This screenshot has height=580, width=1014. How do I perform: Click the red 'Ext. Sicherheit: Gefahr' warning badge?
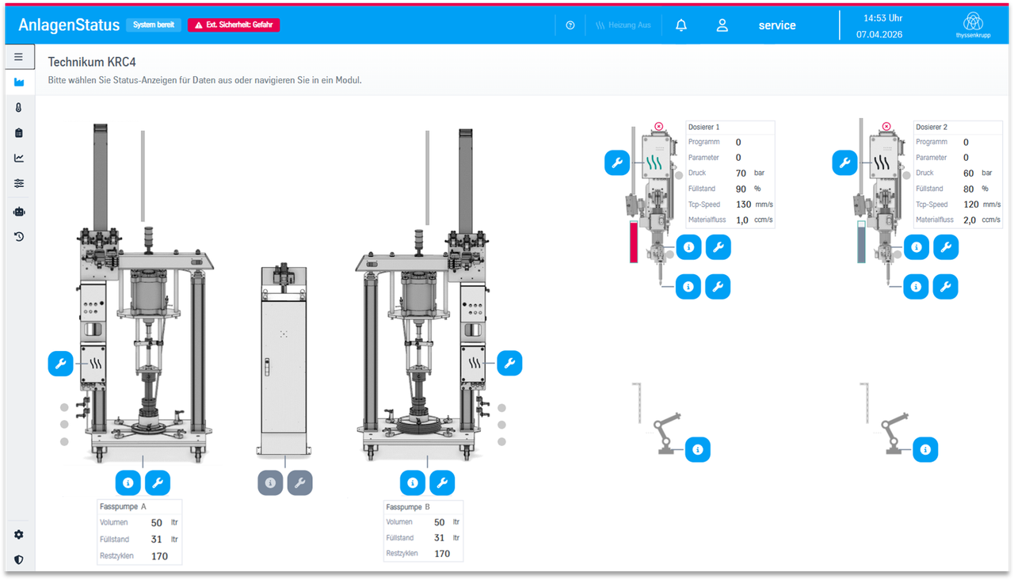pyautogui.click(x=234, y=25)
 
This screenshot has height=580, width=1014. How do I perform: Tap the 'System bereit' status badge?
pyautogui.click(x=154, y=25)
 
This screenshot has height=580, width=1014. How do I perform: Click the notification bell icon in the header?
pyautogui.click(x=681, y=25)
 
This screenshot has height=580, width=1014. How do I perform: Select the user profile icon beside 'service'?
pyautogui.click(x=722, y=25)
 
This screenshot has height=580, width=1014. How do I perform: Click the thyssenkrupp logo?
pyautogui.click(x=973, y=25)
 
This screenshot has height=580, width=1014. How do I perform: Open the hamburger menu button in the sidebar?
pyautogui.click(x=18, y=56)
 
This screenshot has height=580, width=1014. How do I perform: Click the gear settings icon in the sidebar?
pyautogui.click(x=18, y=535)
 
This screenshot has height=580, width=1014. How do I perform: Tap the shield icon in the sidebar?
pyautogui.click(x=18, y=560)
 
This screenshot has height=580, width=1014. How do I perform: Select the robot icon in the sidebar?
pyautogui.click(x=19, y=212)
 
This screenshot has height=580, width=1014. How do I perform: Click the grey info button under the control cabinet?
pyautogui.click(x=270, y=483)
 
